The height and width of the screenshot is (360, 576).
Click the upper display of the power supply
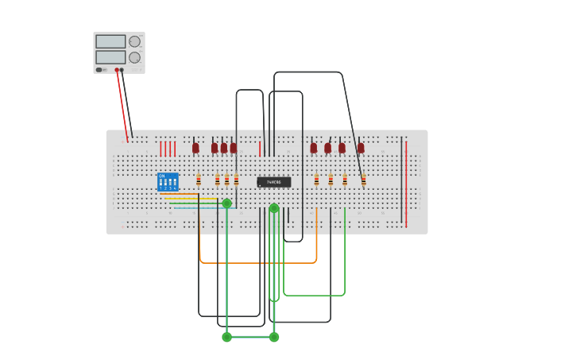click(110, 41)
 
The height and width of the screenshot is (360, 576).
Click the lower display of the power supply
click(110, 57)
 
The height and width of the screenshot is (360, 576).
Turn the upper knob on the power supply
click(134, 41)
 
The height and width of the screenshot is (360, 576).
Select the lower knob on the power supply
click(134, 57)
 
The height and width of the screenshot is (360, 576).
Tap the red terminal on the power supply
click(117, 70)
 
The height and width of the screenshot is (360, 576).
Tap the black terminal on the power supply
click(122, 70)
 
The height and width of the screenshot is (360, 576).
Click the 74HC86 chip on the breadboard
click(273, 182)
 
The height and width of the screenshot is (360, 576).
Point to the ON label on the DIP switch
click(162, 176)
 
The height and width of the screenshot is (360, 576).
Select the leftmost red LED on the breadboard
click(195, 147)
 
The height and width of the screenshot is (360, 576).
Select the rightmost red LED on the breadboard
click(361, 147)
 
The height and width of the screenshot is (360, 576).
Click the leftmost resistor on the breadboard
click(199, 180)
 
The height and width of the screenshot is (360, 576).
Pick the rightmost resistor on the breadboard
click(364, 180)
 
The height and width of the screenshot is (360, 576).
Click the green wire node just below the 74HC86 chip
click(274, 208)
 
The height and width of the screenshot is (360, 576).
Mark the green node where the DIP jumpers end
click(226, 203)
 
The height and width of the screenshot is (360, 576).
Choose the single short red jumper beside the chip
click(259, 149)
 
